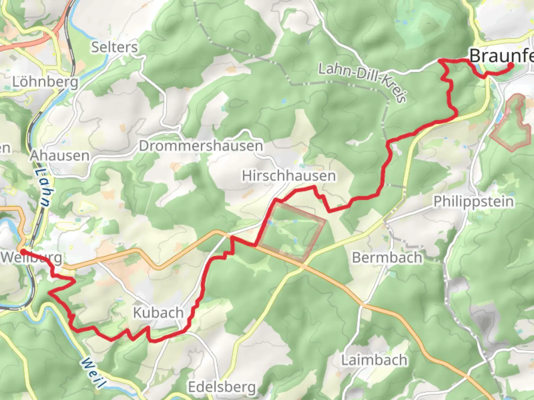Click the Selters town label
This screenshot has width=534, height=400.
[114, 47]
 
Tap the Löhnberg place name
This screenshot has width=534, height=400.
[45, 82]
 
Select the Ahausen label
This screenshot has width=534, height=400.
[59, 156]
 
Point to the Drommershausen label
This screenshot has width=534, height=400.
[201, 146]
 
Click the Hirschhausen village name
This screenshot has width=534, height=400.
[289, 176]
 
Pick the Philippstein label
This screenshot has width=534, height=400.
[474, 202]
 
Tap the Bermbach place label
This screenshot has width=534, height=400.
[387, 257]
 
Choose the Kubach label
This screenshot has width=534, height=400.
[158, 313]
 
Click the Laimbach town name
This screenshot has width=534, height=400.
[374, 360]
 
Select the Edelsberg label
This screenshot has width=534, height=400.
[222, 387]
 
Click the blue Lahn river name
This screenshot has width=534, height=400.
[43, 188]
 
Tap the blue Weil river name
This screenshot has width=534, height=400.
[91, 372]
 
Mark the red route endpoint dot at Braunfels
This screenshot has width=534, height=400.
[511, 66]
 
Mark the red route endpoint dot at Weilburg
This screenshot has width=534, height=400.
[23, 252]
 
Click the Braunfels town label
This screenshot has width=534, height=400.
[501, 56]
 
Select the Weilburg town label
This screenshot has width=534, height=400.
[32, 257]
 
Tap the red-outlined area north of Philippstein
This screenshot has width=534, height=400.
[512, 124]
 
